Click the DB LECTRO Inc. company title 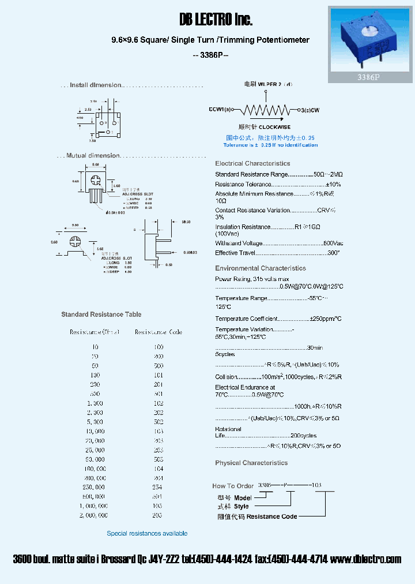[x=216, y=20]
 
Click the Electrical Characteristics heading [x=252, y=163]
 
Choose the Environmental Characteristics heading [x=260, y=268]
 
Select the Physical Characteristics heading [x=251, y=463]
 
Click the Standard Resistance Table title [x=101, y=315]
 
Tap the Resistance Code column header [x=159, y=332]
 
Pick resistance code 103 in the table [x=159, y=431]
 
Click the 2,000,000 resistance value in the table [x=95, y=515]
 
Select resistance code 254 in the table [x=159, y=487]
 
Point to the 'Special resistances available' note [x=147, y=533]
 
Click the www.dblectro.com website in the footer [x=366, y=559]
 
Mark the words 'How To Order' [x=233, y=486]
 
